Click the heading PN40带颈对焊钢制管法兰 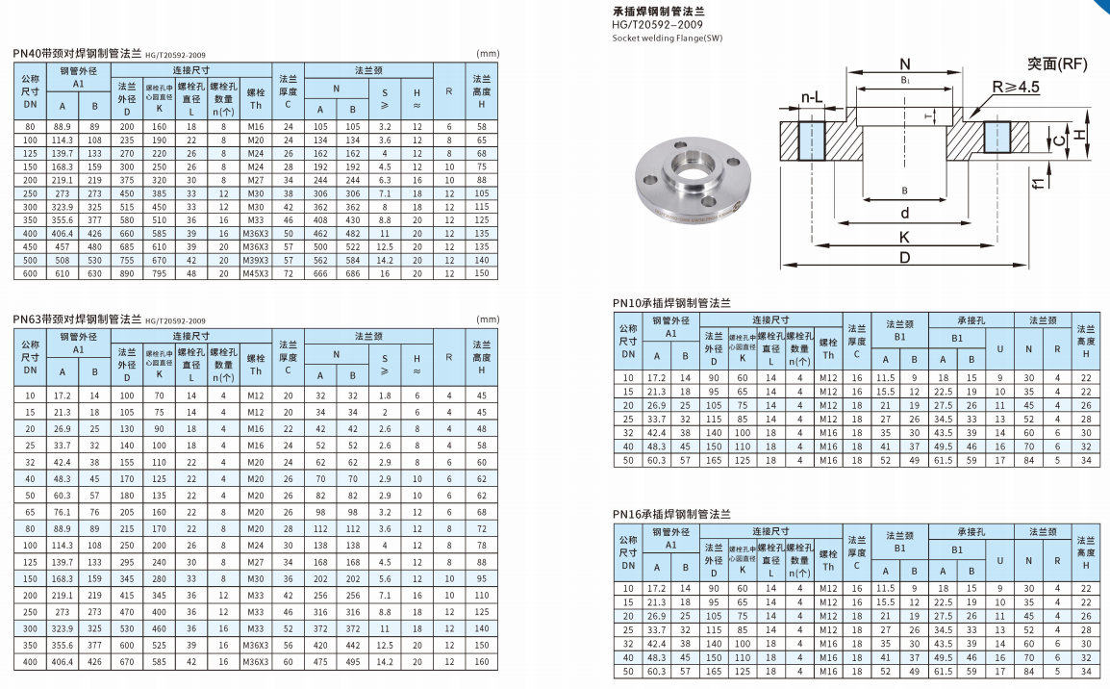(x=77, y=54)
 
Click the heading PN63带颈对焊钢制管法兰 (x=77, y=319)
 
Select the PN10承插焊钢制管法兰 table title (x=671, y=302)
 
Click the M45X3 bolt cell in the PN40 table (x=256, y=273)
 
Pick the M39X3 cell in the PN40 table (x=256, y=260)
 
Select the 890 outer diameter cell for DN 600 (x=127, y=273)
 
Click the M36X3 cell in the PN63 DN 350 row (x=256, y=646)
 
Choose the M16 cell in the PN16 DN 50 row (x=828, y=671)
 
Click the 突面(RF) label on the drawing (x=1056, y=64)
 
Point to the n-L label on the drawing (x=812, y=98)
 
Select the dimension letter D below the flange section (x=905, y=258)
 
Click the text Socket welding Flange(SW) (x=667, y=38)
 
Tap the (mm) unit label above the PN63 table (x=488, y=319)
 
